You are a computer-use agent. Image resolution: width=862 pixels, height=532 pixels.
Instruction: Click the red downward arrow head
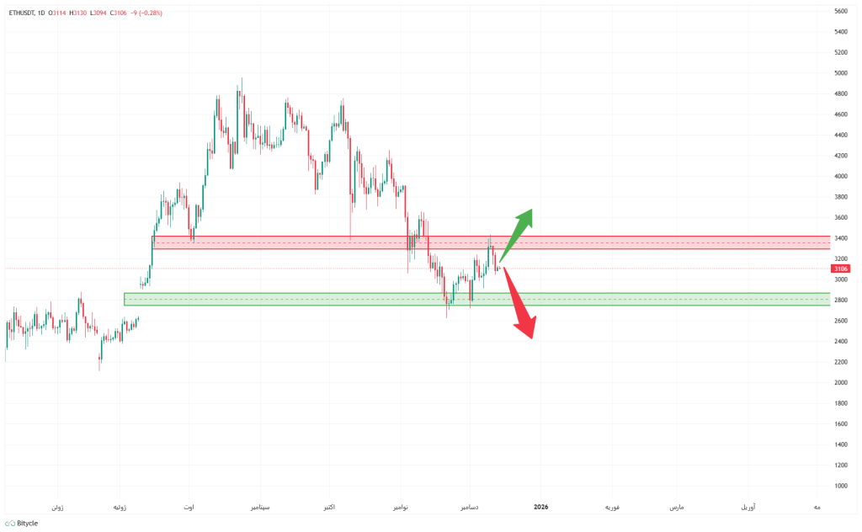528,328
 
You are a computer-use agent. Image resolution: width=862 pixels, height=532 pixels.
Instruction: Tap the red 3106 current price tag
839,269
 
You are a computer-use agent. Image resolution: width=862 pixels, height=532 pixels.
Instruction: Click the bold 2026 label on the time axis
540,507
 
